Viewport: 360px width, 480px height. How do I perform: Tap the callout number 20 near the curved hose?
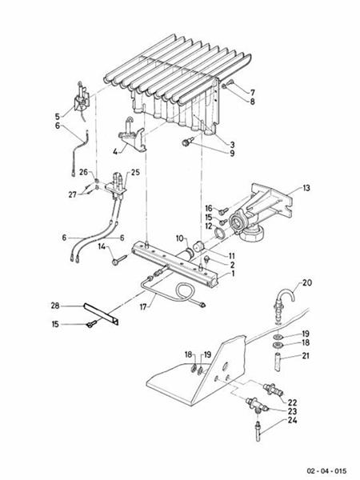click(x=308, y=284)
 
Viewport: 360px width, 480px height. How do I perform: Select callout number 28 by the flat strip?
click(x=55, y=306)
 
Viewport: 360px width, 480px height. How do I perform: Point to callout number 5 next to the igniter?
click(x=57, y=115)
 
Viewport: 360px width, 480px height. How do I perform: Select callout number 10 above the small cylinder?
click(x=180, y=238)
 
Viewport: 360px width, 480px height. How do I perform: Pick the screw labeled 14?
click(x=117, y=259)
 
